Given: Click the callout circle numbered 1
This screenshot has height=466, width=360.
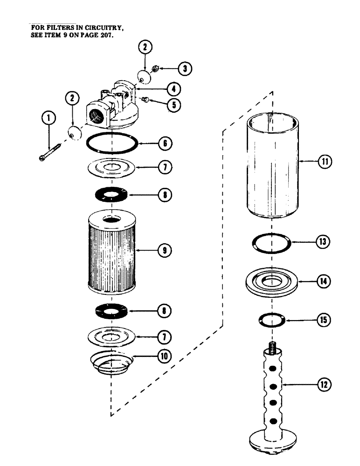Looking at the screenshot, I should (49, 119).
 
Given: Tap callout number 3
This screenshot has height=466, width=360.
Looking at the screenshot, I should (185, 69).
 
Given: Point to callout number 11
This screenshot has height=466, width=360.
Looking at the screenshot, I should (325, 162).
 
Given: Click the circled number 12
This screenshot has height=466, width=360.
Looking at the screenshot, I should (324, 385).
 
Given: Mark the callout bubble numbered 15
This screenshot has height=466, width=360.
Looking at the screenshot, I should (325, 320).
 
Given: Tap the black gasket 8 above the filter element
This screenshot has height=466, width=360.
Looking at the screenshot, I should (112, 194).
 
